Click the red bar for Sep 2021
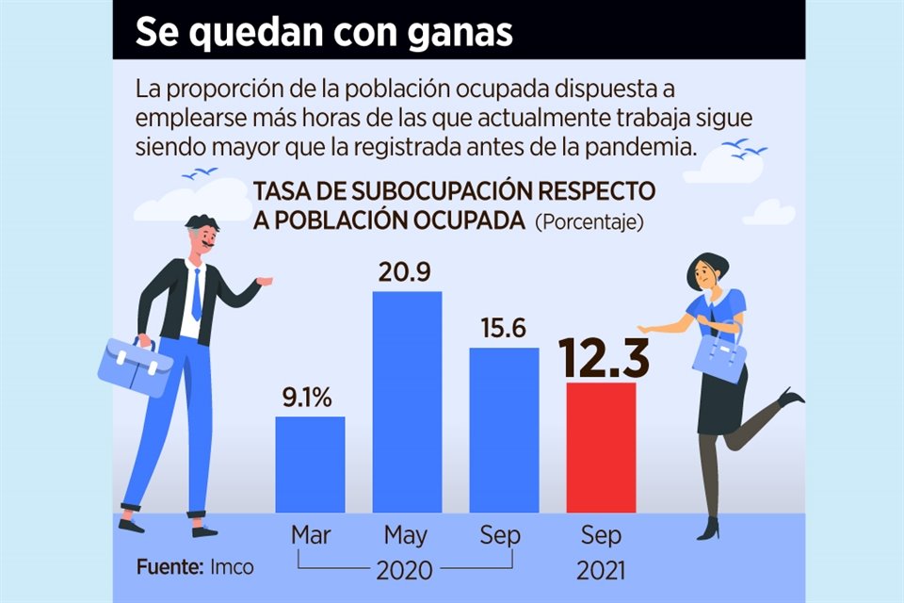(601, 448)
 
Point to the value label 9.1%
(307, 399)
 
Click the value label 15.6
(503, 330)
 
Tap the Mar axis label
(310, 535)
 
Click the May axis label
(406, 536)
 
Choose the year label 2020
(404, 570)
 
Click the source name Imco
(232, 569)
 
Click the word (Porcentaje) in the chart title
(589, 223)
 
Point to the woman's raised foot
(792, 397)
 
